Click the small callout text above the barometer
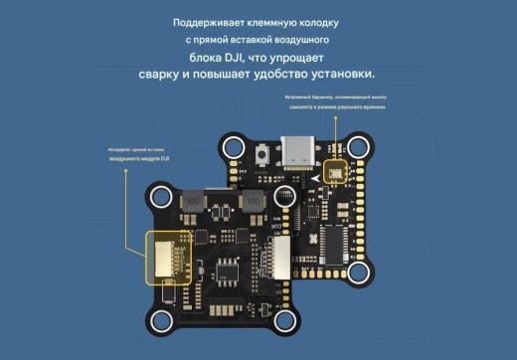coord(335,102)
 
